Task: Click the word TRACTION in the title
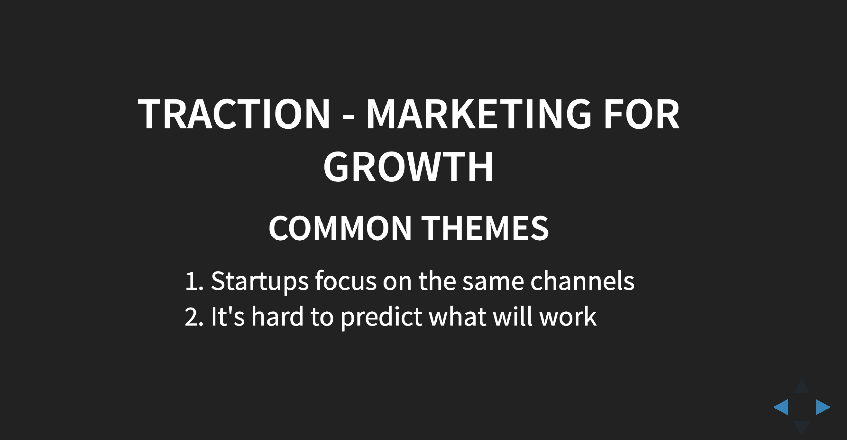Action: pos(233,114)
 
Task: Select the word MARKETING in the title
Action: pos(479,114)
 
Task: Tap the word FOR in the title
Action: pos(641,114)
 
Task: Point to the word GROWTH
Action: pos(408,167)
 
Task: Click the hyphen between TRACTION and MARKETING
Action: pos(348,118)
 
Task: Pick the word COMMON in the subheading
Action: pos(340,229)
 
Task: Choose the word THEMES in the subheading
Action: pos(485,229)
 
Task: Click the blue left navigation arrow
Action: pos(782,407)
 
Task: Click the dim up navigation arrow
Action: pos(802,388)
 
